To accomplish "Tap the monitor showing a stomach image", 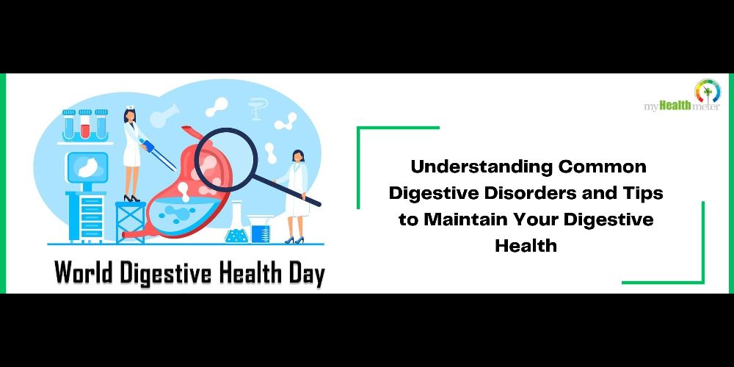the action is (x=87, y=167).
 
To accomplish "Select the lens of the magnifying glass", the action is (x=225, y=160).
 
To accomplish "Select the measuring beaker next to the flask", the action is (x=261, y=229).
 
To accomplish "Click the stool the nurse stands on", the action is (x=130, y=222).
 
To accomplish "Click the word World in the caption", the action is (x=84, y=272).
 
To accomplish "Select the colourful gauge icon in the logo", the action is (x=708, y=91).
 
